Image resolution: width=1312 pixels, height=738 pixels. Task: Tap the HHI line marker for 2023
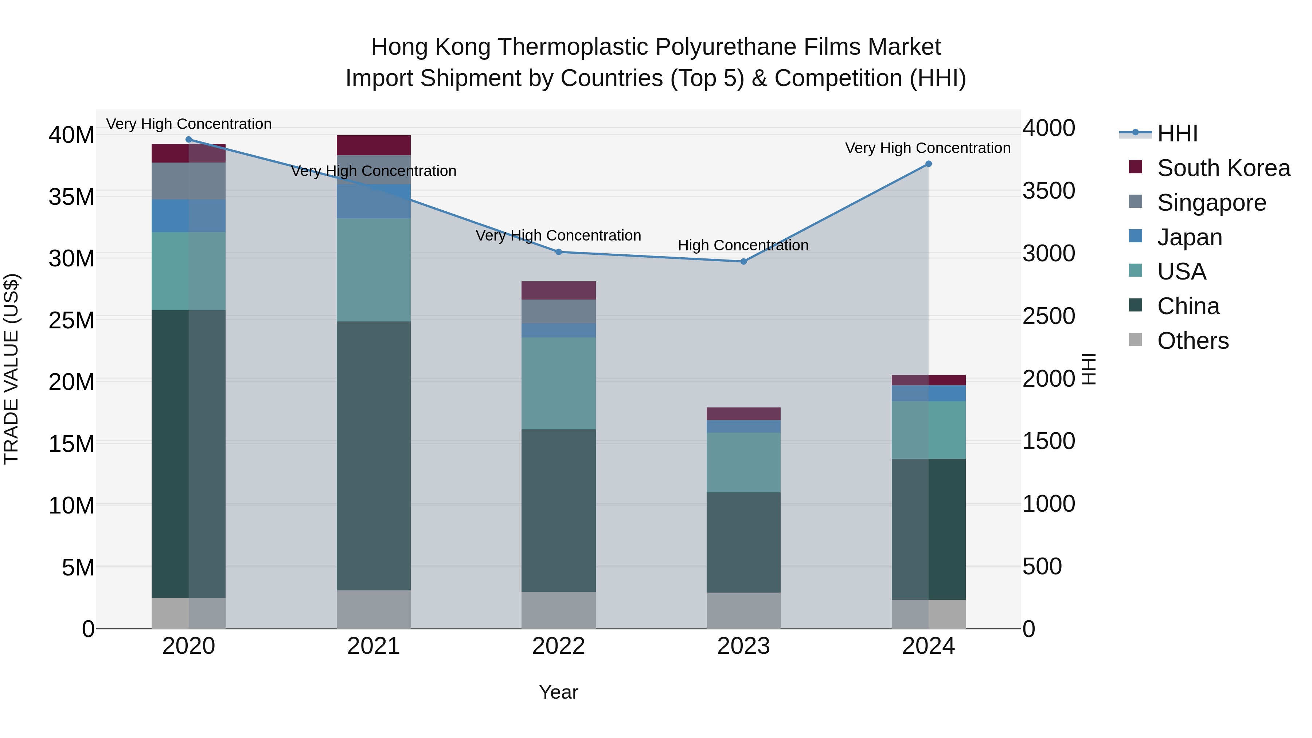click(743, 262)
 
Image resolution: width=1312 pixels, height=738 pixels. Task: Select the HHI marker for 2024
click(928, 164)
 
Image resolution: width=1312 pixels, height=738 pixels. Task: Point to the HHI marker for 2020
click(188, 140)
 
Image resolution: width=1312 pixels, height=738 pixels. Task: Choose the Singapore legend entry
click(1211, 203)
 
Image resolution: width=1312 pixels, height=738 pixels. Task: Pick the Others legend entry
click(1192, 341)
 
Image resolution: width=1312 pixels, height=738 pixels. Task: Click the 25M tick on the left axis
click(71, 320)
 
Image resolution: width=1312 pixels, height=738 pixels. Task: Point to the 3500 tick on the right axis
click(1048, 191)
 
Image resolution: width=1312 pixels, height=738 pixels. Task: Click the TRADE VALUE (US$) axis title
click(12, 369)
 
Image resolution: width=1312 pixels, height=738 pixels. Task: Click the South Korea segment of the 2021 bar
click(373, 145)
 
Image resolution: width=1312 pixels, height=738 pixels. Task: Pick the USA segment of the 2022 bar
click(558, 383)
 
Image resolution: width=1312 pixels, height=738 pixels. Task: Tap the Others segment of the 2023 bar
click(743, 610)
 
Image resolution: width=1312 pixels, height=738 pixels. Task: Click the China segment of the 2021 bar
click(373, 456)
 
